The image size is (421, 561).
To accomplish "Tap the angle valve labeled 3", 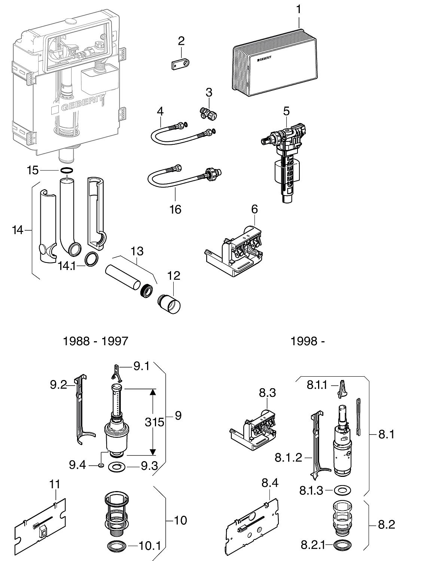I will point(208,112).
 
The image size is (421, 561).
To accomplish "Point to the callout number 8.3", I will point(267,393).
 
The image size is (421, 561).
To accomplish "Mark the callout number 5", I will point(286,111).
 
